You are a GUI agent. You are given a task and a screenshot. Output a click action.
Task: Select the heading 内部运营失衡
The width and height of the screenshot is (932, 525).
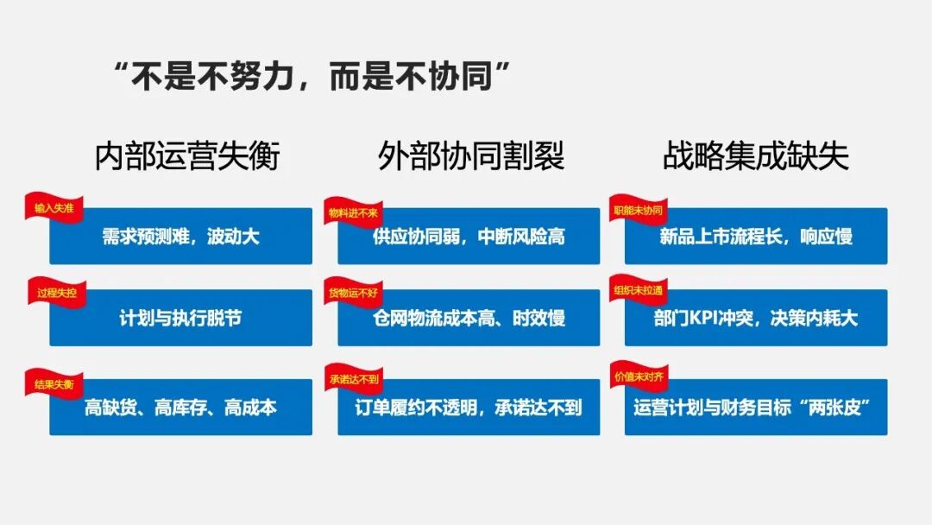point(187,156)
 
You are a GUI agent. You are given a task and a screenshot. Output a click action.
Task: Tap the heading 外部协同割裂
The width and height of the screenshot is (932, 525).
point(470,156)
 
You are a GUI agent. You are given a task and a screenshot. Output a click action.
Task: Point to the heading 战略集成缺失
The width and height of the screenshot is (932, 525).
point(756,156)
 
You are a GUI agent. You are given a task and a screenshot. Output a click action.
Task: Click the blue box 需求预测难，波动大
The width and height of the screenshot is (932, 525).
point(180,237)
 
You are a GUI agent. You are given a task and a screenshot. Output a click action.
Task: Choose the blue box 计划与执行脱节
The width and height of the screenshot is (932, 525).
point(180,319)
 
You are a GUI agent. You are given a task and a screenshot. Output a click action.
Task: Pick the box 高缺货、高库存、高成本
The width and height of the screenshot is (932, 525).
point(180,408)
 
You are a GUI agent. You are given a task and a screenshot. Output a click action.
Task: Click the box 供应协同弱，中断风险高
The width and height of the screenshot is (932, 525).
point(469,237)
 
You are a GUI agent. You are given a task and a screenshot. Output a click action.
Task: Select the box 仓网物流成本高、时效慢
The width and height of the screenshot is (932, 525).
point(469,319)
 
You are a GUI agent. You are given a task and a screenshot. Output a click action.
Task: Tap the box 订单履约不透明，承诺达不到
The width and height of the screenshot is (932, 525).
point(469,408)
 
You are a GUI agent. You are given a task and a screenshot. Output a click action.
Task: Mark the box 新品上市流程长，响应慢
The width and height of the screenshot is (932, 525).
point(756,237)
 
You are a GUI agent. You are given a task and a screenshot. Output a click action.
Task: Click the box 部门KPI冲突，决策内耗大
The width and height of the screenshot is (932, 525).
point(756,319)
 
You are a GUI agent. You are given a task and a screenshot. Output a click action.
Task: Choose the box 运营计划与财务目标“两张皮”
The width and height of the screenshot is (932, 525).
point(756,408)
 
